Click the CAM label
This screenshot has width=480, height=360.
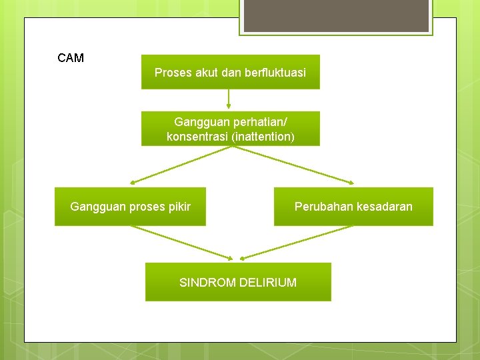coord(71,58)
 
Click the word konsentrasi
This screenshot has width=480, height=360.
coord(197,137)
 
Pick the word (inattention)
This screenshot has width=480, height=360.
coord(263,137)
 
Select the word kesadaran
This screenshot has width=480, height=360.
coord(385,207)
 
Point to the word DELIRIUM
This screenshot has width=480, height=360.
coord(268,283)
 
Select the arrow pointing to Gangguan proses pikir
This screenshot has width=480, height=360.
coord(180,164)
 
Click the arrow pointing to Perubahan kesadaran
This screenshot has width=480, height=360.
coord(293,164)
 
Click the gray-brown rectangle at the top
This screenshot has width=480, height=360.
coord(336,16)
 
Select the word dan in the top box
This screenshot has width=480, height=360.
coord(231,73)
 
